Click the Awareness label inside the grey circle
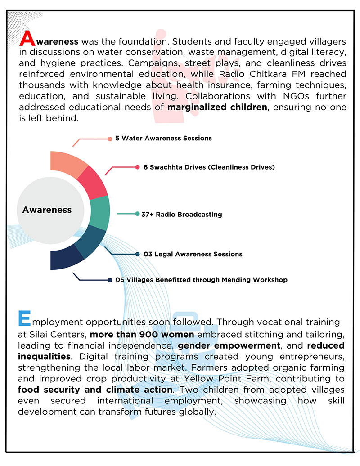(x=47, y=210)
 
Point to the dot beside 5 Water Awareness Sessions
(x=110, y=139)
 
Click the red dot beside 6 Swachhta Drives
(x=137, y=167)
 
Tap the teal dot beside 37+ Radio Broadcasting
(x=137, y=214)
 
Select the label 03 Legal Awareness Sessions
(x=193, y=254)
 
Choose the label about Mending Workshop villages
(x=201, y=280)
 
